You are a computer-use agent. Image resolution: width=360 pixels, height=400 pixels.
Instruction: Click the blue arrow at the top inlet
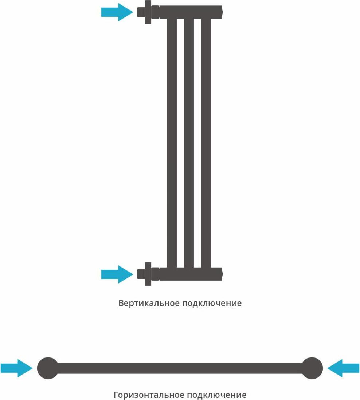point(117,12)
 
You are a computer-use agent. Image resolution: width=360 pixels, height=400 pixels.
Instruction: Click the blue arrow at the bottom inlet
point(117,274)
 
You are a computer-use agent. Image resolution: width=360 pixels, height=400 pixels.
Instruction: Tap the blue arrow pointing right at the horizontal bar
point(16,368)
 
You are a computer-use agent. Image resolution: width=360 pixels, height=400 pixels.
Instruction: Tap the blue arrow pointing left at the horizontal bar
point(344,368)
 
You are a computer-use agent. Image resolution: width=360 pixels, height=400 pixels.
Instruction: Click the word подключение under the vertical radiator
point(212,303)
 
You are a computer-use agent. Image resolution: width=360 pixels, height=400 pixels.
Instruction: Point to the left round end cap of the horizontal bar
point(47,368)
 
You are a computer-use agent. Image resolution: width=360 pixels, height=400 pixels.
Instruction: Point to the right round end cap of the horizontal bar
point(312,368)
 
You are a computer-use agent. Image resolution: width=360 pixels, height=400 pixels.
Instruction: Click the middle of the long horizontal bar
point(180,368)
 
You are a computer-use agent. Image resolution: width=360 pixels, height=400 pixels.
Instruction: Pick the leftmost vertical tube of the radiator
point(172,142)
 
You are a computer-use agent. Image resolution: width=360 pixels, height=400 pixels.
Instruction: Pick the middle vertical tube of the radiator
point(189,142)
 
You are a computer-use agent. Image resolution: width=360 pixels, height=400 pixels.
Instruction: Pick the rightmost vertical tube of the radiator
point(206,142)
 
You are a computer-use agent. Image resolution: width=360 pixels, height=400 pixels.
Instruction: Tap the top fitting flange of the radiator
point(148,12)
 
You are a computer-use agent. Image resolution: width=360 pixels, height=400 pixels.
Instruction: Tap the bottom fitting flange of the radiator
point(148,274)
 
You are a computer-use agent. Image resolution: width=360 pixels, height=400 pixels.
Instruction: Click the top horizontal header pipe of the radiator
point(189,12)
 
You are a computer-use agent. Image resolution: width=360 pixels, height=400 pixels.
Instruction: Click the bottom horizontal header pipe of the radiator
point(189,274)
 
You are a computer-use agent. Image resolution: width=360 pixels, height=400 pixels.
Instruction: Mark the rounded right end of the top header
point(220,12)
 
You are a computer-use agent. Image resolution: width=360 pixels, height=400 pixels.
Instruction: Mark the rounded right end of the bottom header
point(220,274)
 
